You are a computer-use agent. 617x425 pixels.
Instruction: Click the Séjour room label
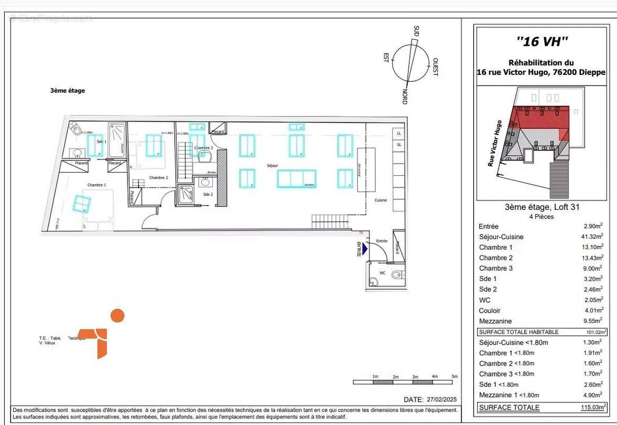(x=272, y=166)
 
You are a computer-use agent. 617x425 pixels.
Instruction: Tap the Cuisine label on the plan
(x=381, y=200)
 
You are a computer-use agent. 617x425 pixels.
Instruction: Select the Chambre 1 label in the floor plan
(x=97, y=184)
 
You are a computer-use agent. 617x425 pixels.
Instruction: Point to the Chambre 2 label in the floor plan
(x=158, y=177)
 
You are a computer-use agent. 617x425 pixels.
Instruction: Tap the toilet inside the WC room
(x=395, y=275)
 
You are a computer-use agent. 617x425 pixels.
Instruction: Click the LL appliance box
(x=399, y=133)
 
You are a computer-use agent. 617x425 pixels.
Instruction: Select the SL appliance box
(x=399, y=144)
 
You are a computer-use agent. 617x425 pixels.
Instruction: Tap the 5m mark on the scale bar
(x=454, y=376)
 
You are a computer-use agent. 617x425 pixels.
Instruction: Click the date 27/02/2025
(x=442, y=399)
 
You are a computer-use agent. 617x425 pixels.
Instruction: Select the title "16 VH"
(x=542, y=40)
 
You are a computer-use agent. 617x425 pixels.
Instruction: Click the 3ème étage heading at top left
(x=67, y=91)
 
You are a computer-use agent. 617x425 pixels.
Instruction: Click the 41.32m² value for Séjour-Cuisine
(x=593, y=236)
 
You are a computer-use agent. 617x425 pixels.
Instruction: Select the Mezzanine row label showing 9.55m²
(x=495, y=321)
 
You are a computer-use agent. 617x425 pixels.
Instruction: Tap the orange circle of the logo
(x=117, y=316)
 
